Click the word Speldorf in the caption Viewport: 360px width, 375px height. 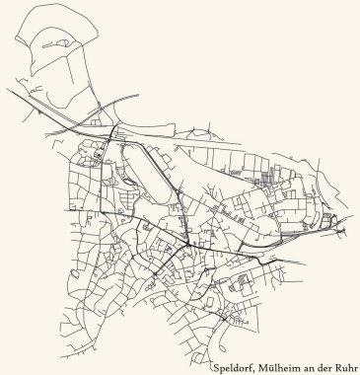click(x=232, y=366)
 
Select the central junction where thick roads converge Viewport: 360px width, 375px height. click(x=187, y=244)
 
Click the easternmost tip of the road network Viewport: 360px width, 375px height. click(x=347, y=231)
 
